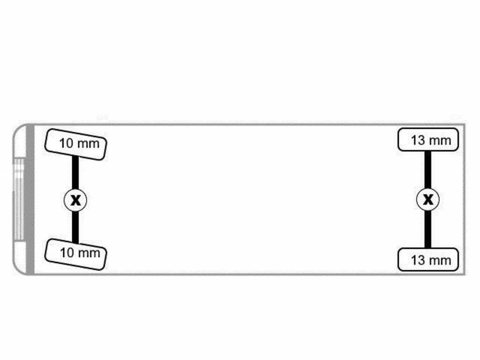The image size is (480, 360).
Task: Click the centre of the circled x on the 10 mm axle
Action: [x=75, y=200]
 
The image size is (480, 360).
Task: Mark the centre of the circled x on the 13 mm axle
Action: [x=428, y=200]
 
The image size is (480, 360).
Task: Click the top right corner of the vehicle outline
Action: [x=465, y=124]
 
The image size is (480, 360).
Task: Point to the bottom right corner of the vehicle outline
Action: [x=465, y=274]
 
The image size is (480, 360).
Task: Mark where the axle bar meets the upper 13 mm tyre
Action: [x=428, y=151]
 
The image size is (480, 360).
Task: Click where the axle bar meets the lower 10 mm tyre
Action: [x=75, y=242]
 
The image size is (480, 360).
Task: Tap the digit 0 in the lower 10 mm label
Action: [x=70, y=253]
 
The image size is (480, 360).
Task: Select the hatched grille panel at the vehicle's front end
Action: [x=19, y=199]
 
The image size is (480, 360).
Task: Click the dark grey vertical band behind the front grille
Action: [x=30, y=199]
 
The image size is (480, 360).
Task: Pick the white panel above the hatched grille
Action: [x=20, y=142]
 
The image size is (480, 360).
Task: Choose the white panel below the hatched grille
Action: [x=20, y=256]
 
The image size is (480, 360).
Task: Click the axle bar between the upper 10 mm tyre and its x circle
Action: [x=75, y=172]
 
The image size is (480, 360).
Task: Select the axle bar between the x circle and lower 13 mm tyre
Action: [x=428, y=230]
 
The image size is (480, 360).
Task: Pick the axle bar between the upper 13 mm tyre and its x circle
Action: [x=428, y=170]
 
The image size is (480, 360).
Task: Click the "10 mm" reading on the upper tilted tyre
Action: [x=79, y=143]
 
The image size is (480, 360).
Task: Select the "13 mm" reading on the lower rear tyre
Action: [x=431, y=260]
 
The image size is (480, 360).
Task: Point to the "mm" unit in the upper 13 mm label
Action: [x=439, y=141]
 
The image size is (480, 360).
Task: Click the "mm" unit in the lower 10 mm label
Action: [x=89, y=254]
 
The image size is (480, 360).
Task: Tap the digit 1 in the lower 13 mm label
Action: [x=414, y=260]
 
